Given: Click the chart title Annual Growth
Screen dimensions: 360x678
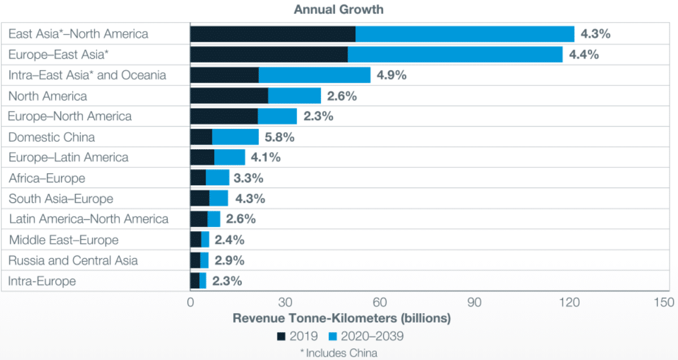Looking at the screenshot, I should click(338, 10).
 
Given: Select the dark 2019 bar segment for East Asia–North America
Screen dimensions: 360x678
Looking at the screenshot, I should click(272, 34).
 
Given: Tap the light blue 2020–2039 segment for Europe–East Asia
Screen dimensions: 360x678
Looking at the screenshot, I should click(455, 54).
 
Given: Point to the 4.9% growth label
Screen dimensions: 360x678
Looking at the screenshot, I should click(392, 75).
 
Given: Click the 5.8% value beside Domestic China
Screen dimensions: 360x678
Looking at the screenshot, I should click(280, 137).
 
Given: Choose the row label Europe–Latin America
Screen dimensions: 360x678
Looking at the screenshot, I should click(68, 157).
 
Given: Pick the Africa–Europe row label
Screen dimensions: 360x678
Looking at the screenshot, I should click(47, 178).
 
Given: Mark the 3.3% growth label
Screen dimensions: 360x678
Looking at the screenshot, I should click(248, 178).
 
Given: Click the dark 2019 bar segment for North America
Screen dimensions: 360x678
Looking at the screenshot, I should click(229, 96).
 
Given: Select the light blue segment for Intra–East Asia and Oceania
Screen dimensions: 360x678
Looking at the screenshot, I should click(314, 75).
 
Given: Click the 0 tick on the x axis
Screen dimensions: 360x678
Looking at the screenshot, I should click(190, 302).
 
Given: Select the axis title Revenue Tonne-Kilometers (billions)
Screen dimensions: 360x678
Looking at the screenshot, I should click(342, 318).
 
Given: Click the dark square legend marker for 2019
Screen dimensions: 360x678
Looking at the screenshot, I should click(281, 337).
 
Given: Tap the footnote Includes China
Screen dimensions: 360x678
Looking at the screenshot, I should click(338, 353).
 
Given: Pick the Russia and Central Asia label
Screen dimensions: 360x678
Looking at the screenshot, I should click(73, 260).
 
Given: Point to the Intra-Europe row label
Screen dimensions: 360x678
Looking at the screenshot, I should click(42, 281).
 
